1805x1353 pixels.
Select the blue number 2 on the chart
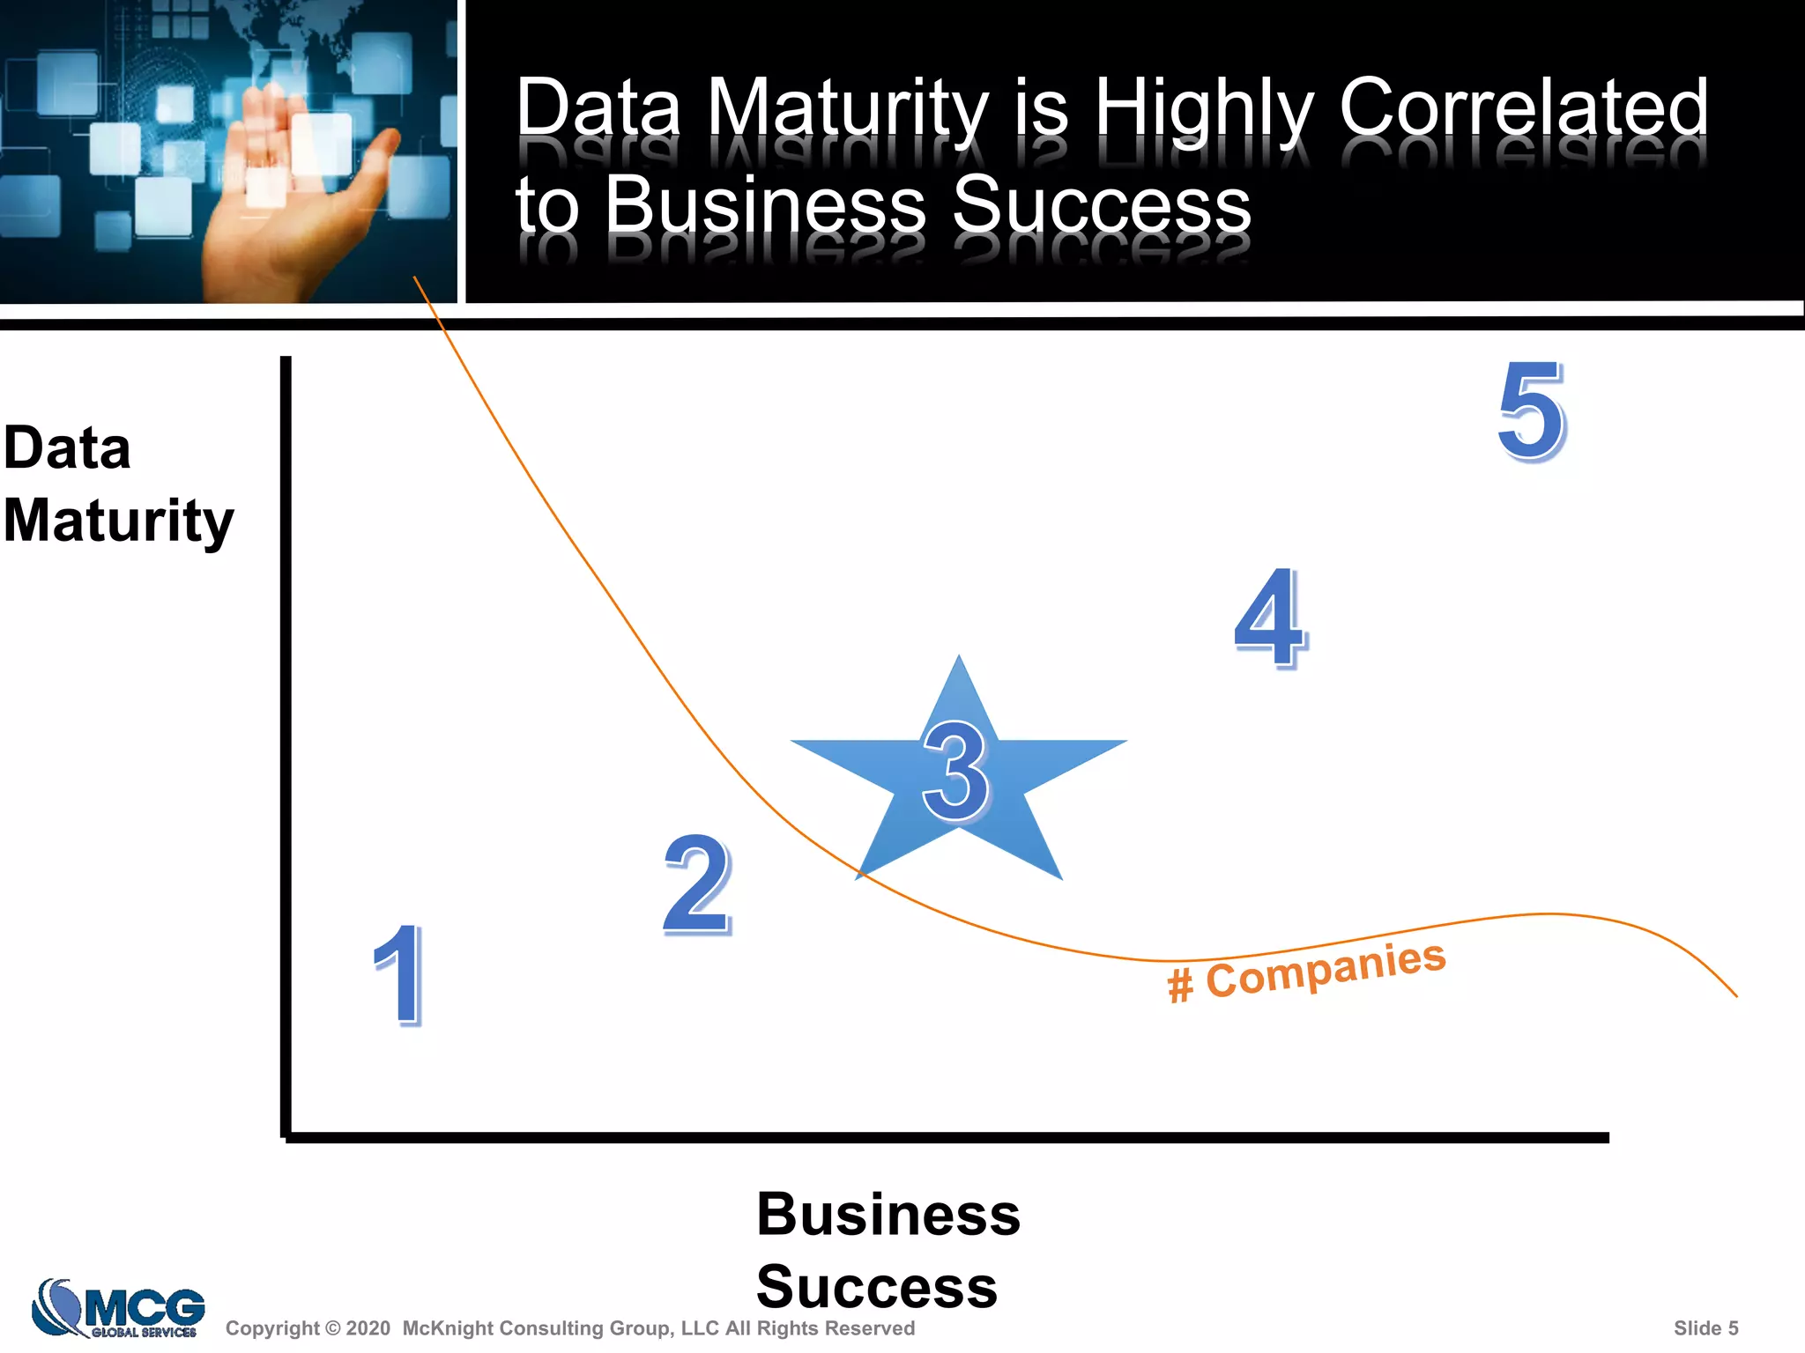(x=697, y=884)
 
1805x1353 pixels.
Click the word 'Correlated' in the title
(x=1523, y=107)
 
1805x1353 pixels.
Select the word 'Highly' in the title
(x=1204, y=109)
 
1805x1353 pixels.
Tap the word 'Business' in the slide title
(x=765, y=204)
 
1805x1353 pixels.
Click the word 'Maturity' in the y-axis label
(x=118, y=521)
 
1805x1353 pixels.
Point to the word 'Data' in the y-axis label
(x=67, y=447)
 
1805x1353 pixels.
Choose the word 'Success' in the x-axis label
(x=876, y=1286)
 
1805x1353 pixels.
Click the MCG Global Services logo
(x=118, y=1309)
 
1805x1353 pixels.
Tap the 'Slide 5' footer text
(x=1705, y=1328)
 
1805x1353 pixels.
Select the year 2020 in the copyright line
(x=368, y=1328)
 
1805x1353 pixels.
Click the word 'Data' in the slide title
(x=598, y=107)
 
